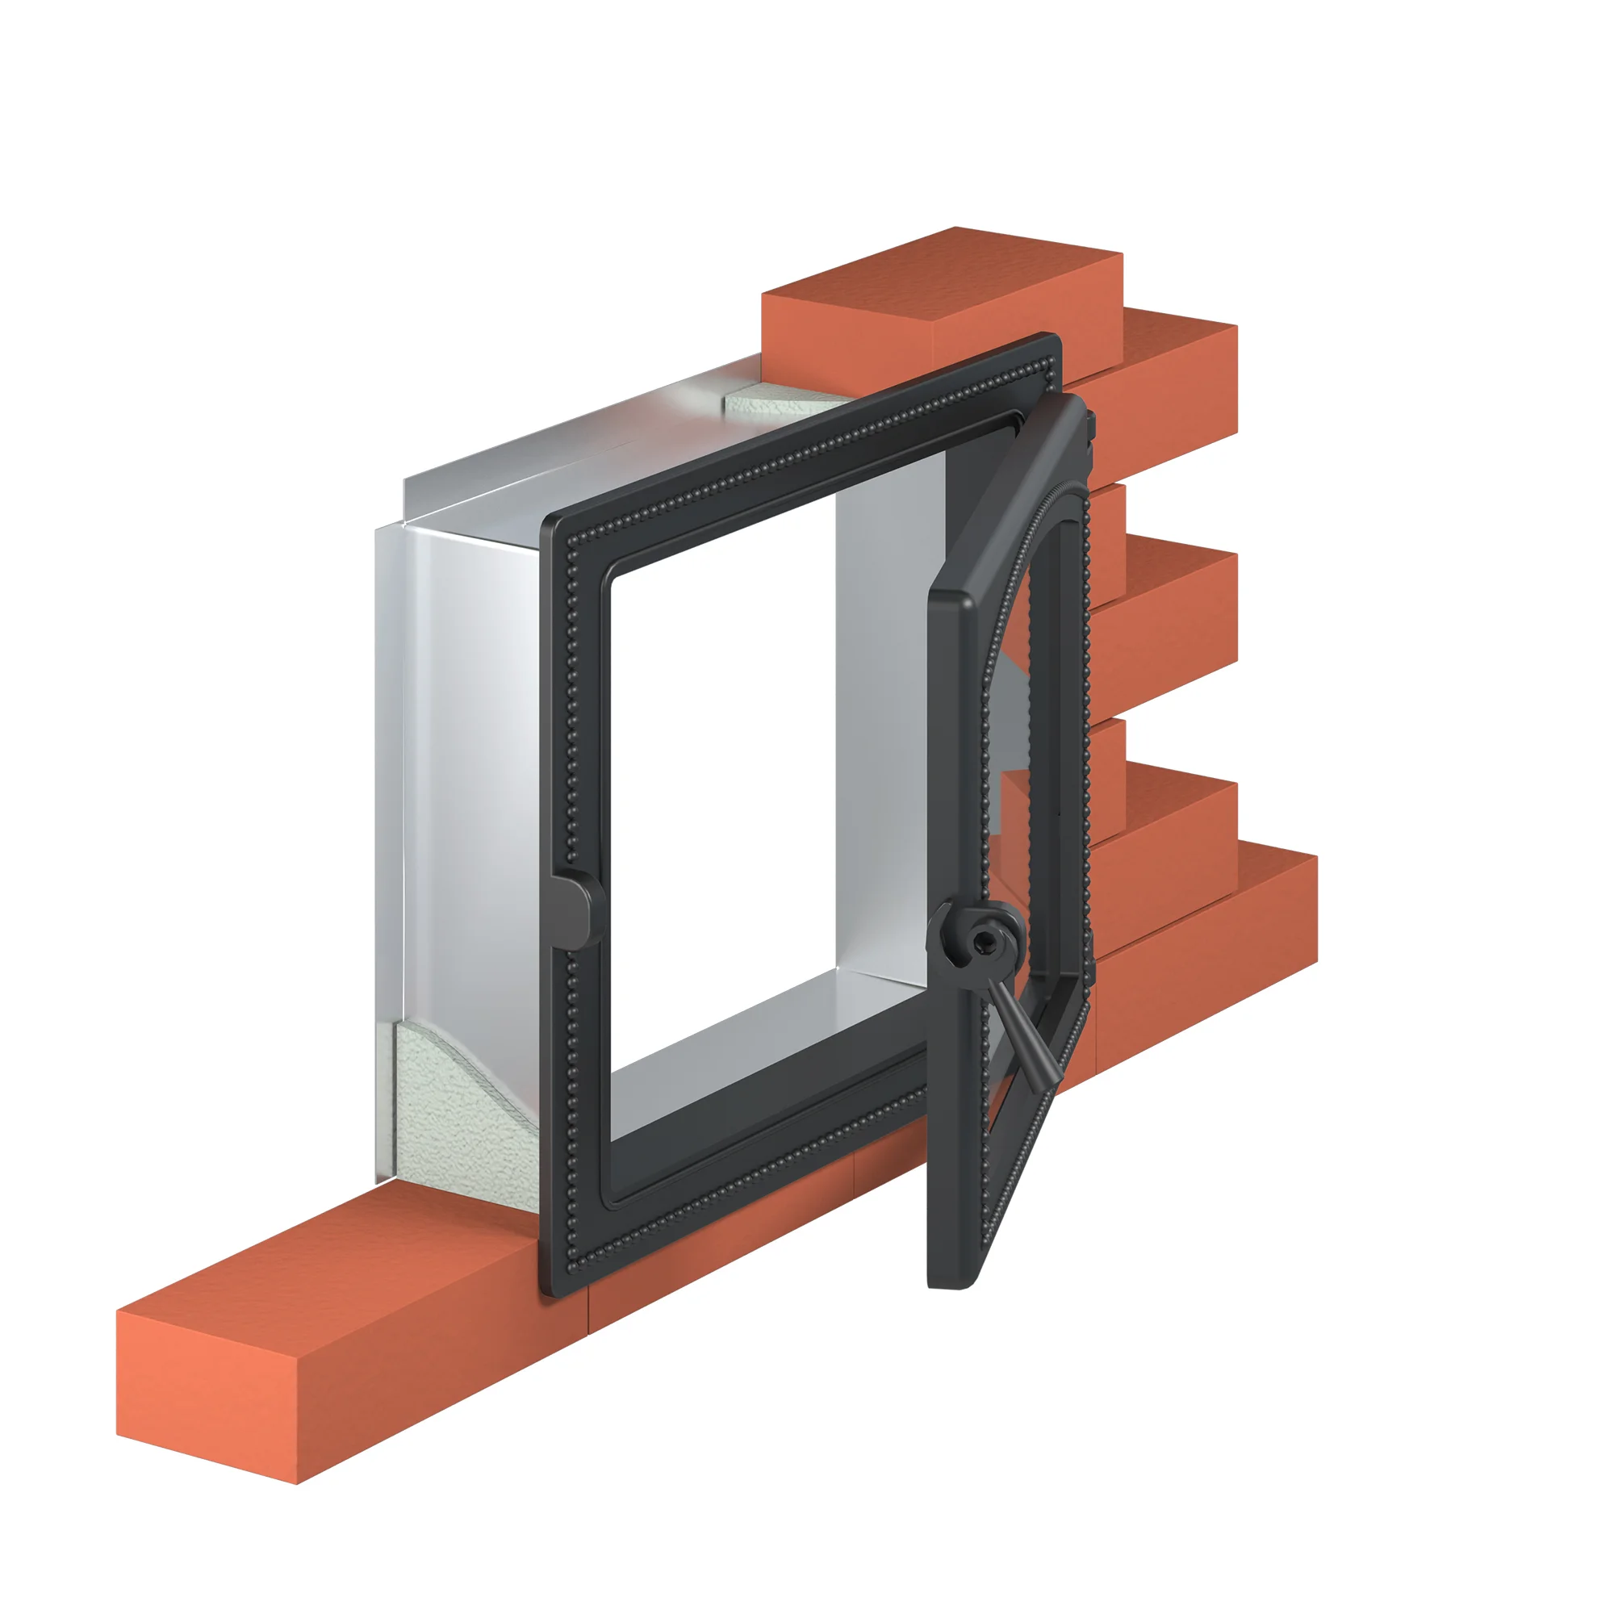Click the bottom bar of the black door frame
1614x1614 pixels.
coord(752,1186)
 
